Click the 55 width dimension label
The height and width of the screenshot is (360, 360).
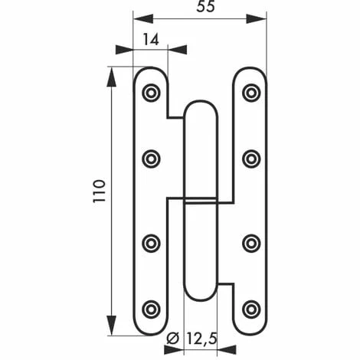tap(205, 6)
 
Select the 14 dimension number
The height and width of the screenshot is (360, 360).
tap(151, 40)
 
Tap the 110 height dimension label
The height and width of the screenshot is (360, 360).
tap(99, 191)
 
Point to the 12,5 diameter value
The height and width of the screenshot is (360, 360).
tap(201, 339)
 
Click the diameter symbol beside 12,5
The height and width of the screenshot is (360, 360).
tap(173, 339)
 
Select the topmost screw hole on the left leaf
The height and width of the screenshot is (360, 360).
tap(151, 93)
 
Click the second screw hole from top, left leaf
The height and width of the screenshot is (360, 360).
tap(151, 159)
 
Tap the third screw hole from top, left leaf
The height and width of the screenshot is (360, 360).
tap(151, 243)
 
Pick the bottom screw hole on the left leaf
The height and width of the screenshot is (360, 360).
tap(151, 309)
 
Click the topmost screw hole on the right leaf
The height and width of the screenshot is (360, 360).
tap(251, 93)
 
